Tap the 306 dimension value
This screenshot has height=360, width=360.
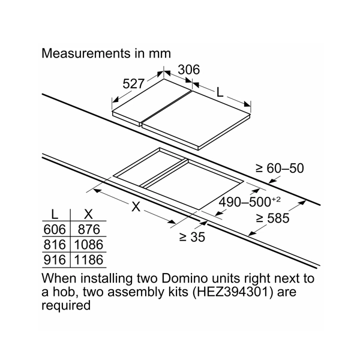[188, 70]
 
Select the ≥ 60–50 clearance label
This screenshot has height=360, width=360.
[281, 169]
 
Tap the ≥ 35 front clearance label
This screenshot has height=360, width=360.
[191, 237]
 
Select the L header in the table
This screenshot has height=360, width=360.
[55, 214]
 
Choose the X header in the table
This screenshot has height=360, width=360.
[88, 214]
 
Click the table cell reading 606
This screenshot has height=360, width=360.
[56, 230]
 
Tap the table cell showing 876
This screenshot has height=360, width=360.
[88, 230]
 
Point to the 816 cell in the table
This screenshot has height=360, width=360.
[56, 245]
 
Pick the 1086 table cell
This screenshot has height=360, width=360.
[88, 245]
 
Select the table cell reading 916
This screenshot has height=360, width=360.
[56, 260]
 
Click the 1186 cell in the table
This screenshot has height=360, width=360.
[88, 260]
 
